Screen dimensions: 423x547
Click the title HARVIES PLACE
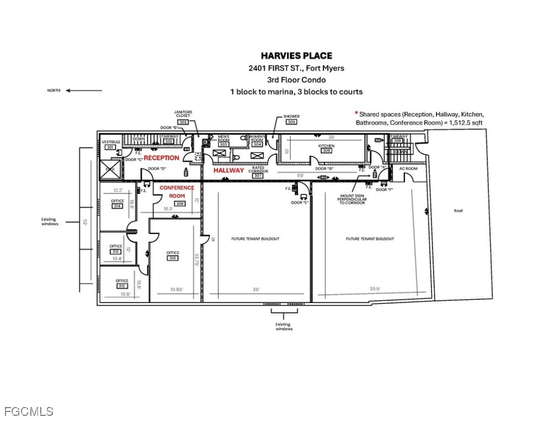pyautogui.click(x=296, y=56)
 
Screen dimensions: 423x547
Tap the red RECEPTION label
pyautogui.click(x=161, y=158)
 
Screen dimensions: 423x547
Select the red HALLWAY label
pyautogui.click(x=229, y=171)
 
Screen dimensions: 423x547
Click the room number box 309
pyautogui.click(x=180, y=203)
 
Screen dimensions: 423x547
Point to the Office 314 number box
pyautogui.click(x=117, y=207)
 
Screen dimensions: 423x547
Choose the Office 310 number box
pyautogui.click(x=173, y=258)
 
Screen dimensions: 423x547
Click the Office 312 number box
pyautogui.click(x=122, y=286)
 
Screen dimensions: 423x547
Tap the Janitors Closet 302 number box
pyautogui.click(x=183, y=122)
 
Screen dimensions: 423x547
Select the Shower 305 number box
pyautogui.click(x=291, y=122)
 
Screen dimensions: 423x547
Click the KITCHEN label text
pyautogui.click(x=327, y=146)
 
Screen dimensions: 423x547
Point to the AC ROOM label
pyautogui.click(x=408, y=169)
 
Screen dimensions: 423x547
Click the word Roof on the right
pyautogui.click(x=458, y=210)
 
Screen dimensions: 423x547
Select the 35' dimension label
pyautogui.click(x=256, y=288)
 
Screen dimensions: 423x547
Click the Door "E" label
pyautogui.click(x=299, y=202)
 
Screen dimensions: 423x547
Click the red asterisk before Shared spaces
pyautogui.click(x=356, y=113)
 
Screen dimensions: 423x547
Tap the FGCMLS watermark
pyautogui.click(x=29, y=411)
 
